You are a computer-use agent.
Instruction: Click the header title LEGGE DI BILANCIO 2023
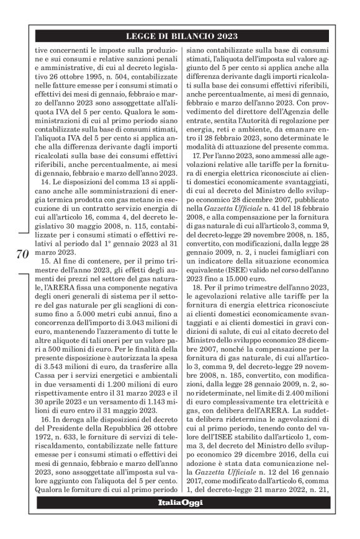coord(180,37)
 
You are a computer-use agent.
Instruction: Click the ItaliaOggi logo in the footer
coord(180,502)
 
